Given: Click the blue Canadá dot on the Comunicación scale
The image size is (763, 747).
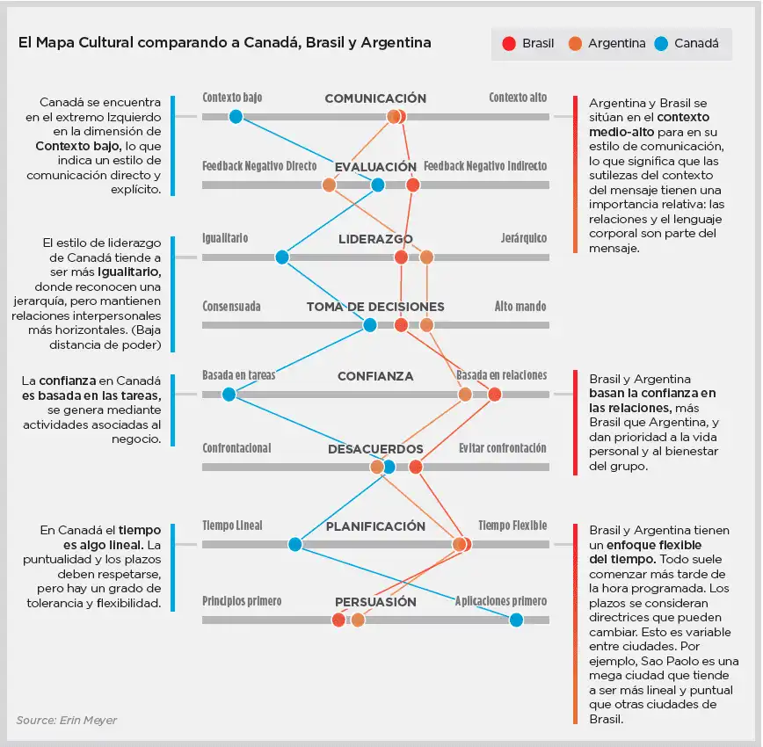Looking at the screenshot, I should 236,116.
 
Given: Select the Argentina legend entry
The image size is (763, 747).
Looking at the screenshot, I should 607,43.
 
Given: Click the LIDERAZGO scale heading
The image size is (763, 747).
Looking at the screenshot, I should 375,238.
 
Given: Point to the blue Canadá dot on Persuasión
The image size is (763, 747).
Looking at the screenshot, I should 516,620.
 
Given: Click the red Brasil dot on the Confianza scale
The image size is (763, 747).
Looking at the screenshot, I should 494,395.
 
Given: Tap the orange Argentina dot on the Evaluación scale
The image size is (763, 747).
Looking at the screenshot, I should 329,185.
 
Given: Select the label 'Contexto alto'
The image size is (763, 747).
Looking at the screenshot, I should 518,98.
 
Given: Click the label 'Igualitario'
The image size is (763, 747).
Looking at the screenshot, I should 225,238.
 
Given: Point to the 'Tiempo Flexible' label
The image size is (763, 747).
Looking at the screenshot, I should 512,526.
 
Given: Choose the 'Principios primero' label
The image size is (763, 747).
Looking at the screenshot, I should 242,601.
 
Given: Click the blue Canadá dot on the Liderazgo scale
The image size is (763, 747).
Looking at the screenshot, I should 281,257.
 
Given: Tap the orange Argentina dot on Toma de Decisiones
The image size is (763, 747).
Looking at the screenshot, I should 426,325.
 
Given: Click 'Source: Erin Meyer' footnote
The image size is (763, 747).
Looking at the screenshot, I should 66,721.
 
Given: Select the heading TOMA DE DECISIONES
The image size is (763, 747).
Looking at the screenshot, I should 375,307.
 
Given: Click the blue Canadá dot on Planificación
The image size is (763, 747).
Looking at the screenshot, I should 295,544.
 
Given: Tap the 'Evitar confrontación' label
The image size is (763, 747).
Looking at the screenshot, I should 503,448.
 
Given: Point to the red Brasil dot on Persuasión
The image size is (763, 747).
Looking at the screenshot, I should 338,620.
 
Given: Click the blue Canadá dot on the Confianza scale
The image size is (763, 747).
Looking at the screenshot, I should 229,395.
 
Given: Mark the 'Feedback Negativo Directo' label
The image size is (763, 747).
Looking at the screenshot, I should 259,166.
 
